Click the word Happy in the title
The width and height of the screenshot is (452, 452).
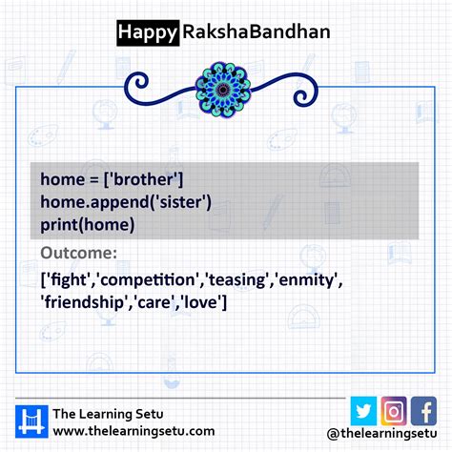coord(147,32)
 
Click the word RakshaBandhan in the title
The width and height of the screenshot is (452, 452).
coord(255,32)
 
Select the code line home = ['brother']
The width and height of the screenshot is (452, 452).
coord(113,179)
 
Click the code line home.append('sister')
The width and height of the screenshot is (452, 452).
coord(126,201)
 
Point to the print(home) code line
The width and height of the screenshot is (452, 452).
coord(88,224)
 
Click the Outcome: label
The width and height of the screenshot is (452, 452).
coord(79,254)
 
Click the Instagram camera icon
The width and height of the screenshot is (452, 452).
coord(394,410)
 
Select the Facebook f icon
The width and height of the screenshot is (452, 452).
coord(423,410)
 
